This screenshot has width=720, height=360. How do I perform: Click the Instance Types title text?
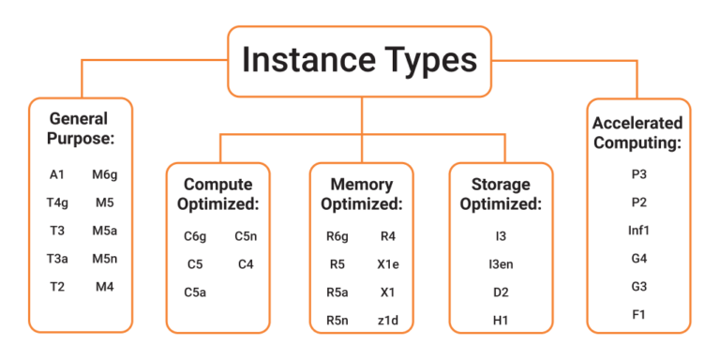click(x=359, y=60)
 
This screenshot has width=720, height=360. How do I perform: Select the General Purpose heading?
click(x=80, y=128)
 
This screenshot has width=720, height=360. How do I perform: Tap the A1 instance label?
click(x=56, y=174)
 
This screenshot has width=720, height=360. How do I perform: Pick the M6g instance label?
click(x=104, y=174)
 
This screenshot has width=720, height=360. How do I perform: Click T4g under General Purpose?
click(x=56, y=202)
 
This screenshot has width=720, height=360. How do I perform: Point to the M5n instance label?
click(x=104, y=259)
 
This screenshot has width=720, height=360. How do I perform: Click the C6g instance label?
click(x=195, y=236)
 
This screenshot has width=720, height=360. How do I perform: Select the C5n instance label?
click(x=246, y=236)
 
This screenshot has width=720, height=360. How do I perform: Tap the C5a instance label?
click(x=195, y=292)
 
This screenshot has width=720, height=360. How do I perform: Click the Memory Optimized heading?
click(x=361, y=193)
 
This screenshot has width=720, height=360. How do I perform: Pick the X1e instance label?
click(x=388, y=264)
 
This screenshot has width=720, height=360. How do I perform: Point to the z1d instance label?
click(x=388, y=321)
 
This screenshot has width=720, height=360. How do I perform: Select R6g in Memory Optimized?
click(x=337, y=236)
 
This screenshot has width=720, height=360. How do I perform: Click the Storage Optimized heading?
click(x=502, y=193)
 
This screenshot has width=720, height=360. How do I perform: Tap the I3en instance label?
click(x=502, y=264)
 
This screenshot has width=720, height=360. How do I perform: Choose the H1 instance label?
click(x=502, y=321)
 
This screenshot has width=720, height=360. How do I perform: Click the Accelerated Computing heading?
click(x=637, y=133)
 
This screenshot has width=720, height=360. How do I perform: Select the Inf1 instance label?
click(x=639, y=230)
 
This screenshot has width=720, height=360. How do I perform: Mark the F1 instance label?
click(x=639, y=314)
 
